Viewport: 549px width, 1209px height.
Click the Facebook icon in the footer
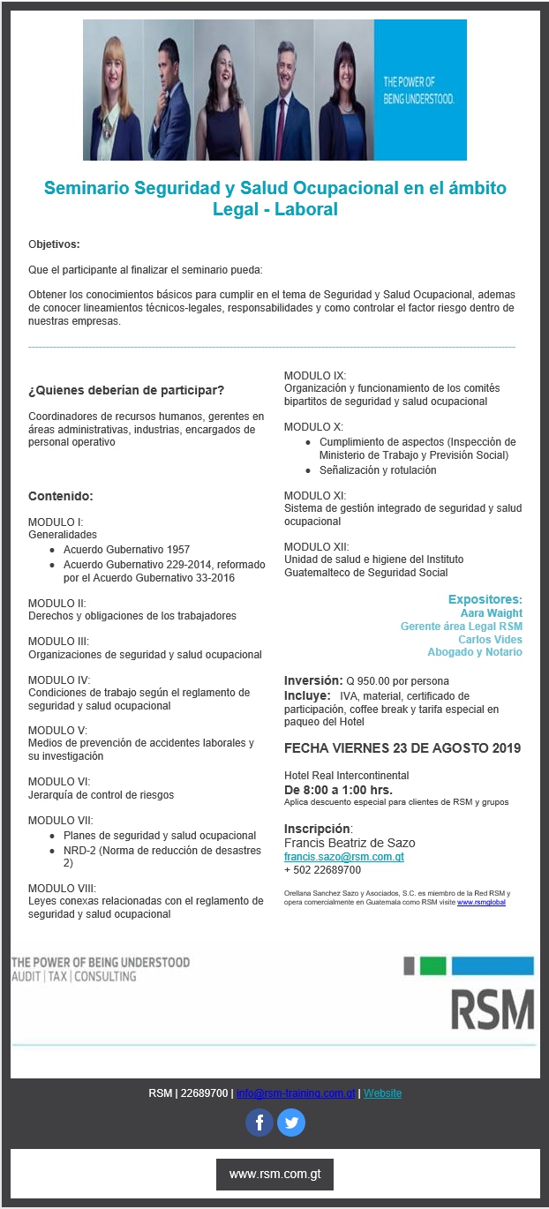(259, 1123)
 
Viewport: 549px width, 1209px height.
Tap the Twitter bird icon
(290, 1123)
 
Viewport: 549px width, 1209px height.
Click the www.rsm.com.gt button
(274, 1175)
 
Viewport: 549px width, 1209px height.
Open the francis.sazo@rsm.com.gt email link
(343, 856)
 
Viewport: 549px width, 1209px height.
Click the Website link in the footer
(382, 1093)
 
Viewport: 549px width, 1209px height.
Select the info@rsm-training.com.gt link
(297, 1093)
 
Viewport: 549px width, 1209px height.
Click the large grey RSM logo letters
(493, 1009)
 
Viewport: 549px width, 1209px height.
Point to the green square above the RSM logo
(432, 965)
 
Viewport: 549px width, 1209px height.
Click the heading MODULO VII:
(58, 820)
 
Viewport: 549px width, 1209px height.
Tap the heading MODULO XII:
(316, 546)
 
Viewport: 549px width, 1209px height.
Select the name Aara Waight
(491, 612)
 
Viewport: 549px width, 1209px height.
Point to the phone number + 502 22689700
(322, 870)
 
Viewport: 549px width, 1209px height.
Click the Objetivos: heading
(54, 244)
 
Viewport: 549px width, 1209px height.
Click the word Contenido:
(61, 496)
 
